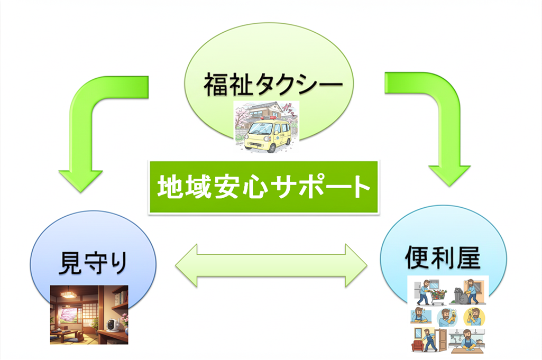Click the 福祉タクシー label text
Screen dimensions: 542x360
(273, 84)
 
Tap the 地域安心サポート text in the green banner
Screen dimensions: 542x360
(264, 187)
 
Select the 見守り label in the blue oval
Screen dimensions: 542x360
(93, 263)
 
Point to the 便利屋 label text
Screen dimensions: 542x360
(443, 257)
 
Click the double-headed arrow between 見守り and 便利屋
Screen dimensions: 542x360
(271, 265)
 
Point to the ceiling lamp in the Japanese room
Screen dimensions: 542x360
(67, 294)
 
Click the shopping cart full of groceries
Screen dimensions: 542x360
(438, 297)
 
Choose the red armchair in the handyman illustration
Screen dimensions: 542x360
(418, 346)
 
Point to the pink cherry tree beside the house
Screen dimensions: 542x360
(240, 117)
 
